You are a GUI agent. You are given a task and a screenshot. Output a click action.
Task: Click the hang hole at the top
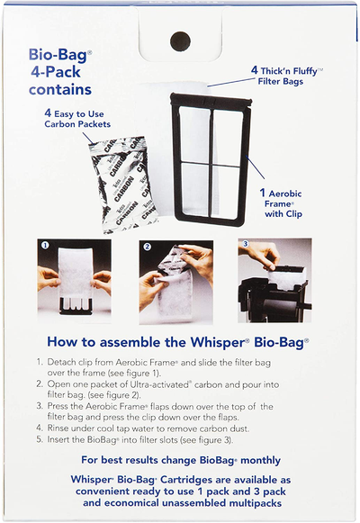179,41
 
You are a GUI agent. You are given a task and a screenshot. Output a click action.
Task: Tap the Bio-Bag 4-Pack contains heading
59,77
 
